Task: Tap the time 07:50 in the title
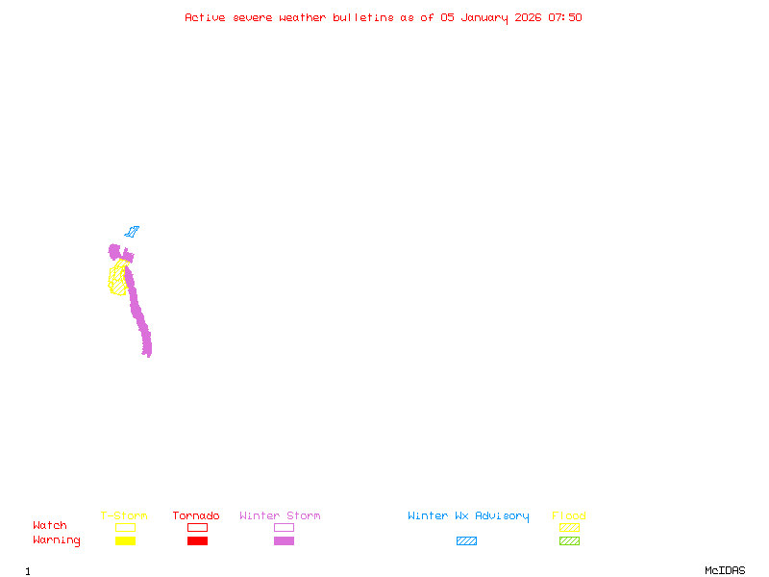pyautogui.click(x=565, y=17)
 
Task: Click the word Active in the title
pyautogui.click(x=205, y=17)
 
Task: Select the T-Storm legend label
pyautogui.click(x=124, y=516)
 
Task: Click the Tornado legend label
pyautogui.click(x=196, y=516)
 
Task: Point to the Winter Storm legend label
pyautogui.click(x=280, y=516)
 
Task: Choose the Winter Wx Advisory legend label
pyautogui.click(x=468, y=516)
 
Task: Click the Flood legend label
pyautogui.click(x=569, y=516)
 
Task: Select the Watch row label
pyautogui.click(x=50, y=526)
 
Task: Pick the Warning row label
pyautogui.click(x=57, y=540)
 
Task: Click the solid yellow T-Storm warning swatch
pyautogui.click(x=125, y=540)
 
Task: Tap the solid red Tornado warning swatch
pyautogui.click(x=197, y=540)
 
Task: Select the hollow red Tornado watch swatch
pyautogui.click(x=197, y=527)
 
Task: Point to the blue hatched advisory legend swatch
pyautogui.click(x=466, y=540)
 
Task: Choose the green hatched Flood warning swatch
pyautogui.click(x=569, y=540)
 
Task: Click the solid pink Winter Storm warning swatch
pyautogui.click(x=284, y=540)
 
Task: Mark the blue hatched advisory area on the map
pyautogui.click(x=132, y=232)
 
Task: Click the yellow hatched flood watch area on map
pyautogui.click(x=117, y=279)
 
